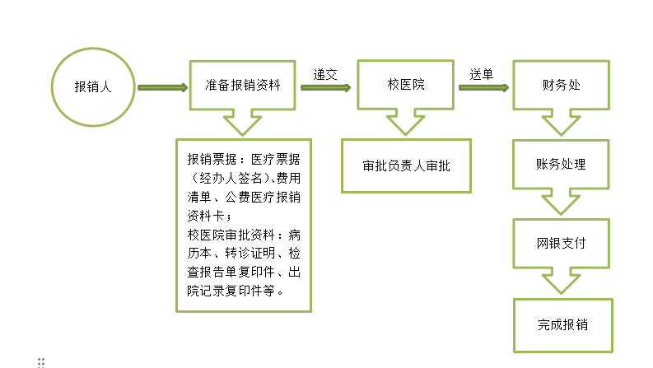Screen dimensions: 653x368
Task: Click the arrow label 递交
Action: (325, 75)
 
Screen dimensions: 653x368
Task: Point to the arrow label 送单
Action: (482, 75)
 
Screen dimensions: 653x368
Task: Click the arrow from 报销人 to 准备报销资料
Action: (163, 87)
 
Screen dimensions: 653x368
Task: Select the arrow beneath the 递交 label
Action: (325, 87)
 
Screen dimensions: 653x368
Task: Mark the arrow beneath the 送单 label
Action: (483, 87)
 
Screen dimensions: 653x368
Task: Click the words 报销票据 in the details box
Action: (212, 159)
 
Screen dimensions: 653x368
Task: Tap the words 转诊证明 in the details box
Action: (250, 253)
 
